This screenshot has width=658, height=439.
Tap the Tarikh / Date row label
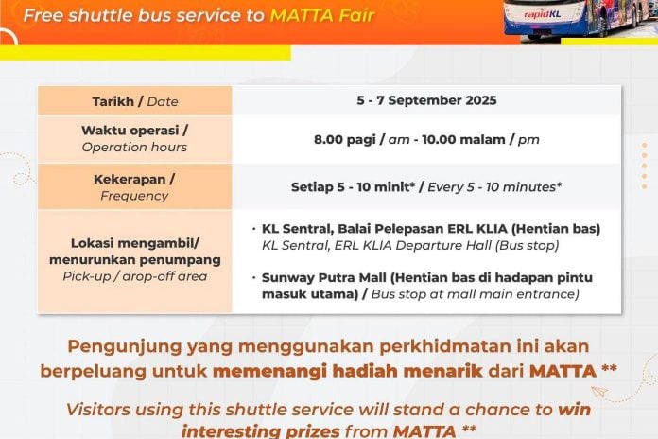135,101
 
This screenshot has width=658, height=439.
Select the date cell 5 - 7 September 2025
426,100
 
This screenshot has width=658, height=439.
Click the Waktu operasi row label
134,132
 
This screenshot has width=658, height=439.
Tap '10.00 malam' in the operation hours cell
459,139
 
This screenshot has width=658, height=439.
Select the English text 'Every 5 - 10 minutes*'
493,186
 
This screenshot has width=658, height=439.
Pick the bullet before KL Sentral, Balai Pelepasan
254,230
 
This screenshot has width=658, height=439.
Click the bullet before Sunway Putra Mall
254,276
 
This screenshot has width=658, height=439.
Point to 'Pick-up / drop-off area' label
134,276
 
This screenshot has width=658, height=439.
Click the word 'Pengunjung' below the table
121,345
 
